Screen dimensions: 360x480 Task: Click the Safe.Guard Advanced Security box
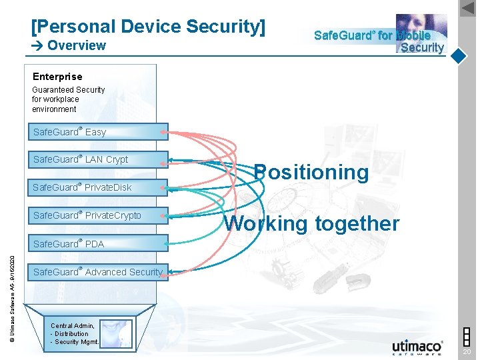click(x=97, y=272)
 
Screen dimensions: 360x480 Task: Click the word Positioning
click(x=311, y=172)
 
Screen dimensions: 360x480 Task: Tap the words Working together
click(x=311, y=223)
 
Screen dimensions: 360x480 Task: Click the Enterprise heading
click(x=57, y=77)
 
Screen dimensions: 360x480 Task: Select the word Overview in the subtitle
click(x=77, y=45)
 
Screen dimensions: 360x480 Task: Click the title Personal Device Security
click(x=148, y=27)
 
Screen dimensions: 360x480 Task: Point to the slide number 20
click(x=467, y=352)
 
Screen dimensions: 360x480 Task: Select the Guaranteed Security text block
click(x=68, y=99)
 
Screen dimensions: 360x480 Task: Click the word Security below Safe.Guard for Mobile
click(x=422, y=47)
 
